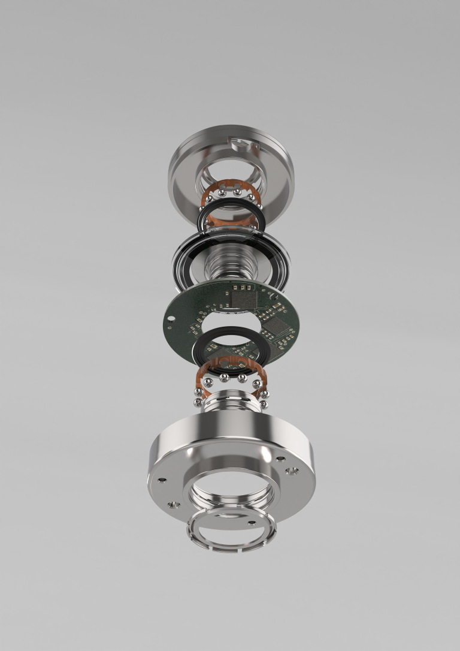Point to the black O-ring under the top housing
tap(229, 211)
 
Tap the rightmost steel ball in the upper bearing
tap(260, 206)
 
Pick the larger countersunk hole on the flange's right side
tap(292, 472)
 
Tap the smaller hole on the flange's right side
tap(280, 459)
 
